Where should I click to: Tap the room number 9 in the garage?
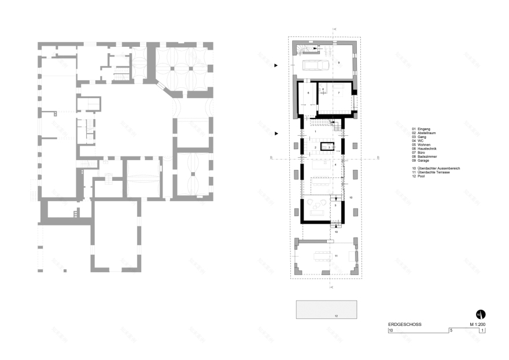click(x=339, y=62)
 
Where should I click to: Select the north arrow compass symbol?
click(x=480, y=314)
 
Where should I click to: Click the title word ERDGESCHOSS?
click(x=405, y=325)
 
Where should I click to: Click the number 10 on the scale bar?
click(x=391, y=331)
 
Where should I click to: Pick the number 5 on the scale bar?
click(x=451, y=331)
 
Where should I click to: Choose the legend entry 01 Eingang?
click(x=423, y=128)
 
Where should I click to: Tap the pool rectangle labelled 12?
click(x=326, y=309)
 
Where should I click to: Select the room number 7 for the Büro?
click(x=339, y=92)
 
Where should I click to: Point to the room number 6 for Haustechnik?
click(x=308, y=92)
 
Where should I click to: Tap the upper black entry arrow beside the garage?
click(x=276, y=66)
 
